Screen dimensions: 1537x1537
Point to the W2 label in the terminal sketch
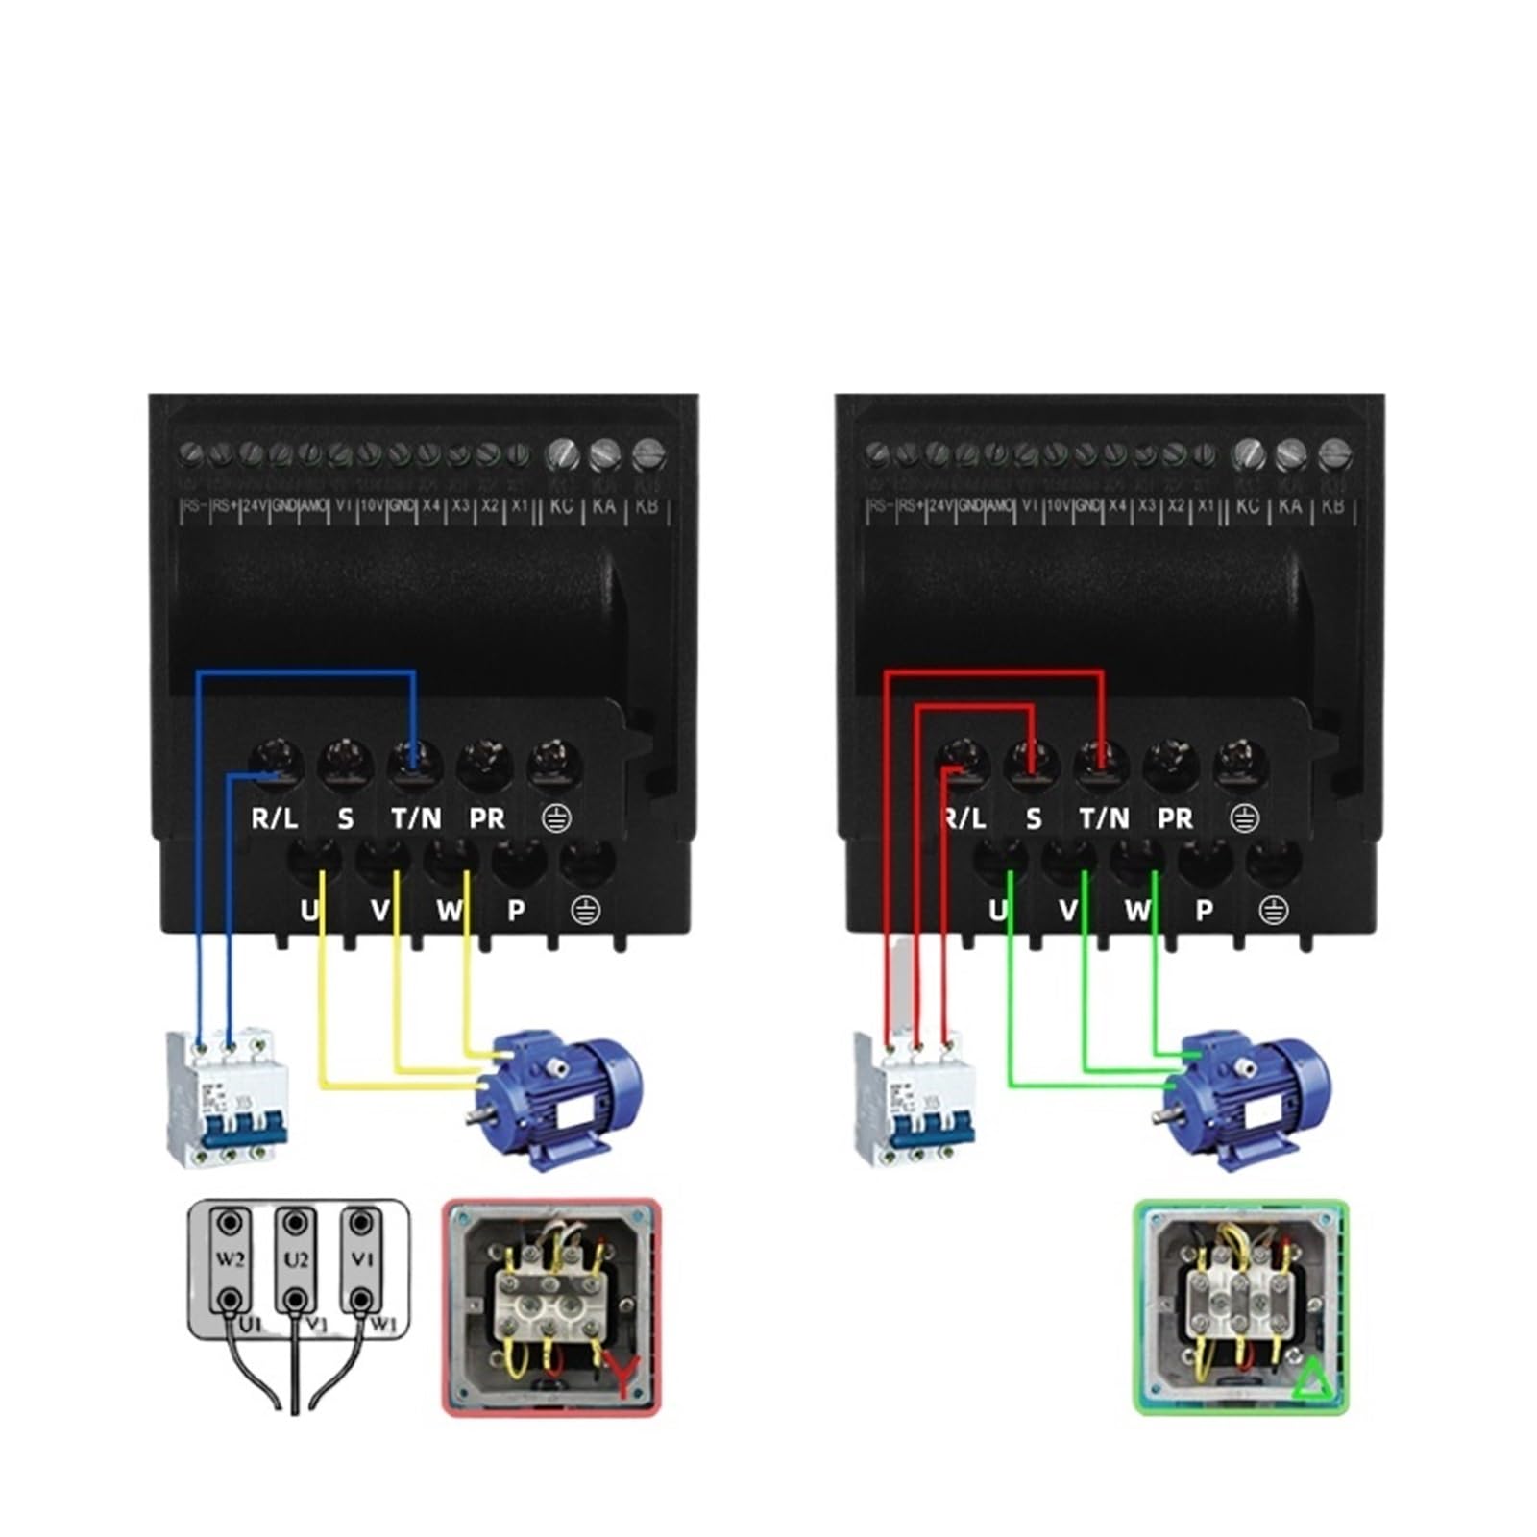click(230, 1258)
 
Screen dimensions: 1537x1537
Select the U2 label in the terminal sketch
click(295, 1258)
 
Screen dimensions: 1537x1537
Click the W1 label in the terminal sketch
click(382, 1326)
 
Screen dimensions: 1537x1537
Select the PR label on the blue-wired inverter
click(487, 818)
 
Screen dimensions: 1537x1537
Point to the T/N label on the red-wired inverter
click(1104, 818)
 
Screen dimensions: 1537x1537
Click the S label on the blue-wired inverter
click(346, 818)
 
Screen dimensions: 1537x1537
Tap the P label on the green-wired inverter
click(1205, 910)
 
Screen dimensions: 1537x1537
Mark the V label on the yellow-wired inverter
click(380, 910)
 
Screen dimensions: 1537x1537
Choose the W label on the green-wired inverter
click(1137, 910)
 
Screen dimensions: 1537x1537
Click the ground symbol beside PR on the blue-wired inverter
click(557, 818)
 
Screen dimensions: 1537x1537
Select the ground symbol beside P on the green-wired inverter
click(1274, 910)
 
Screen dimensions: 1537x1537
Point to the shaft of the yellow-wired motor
click(476, 1116)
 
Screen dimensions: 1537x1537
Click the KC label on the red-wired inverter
click(1247, 505)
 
